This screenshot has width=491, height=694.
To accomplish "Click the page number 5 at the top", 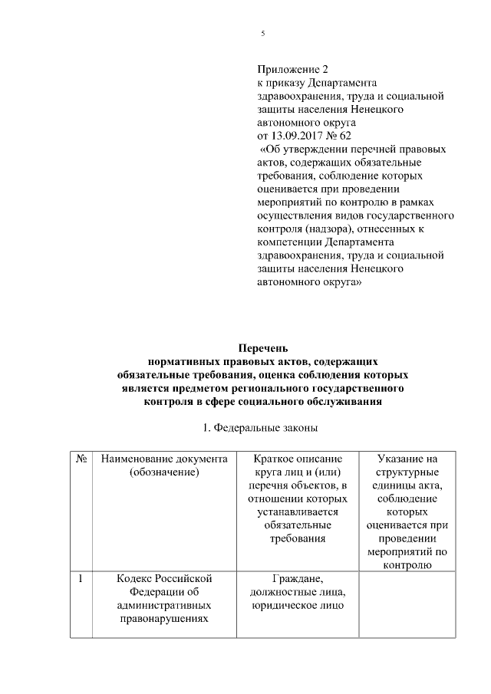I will (262, 34).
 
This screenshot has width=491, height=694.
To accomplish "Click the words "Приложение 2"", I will (290, 69).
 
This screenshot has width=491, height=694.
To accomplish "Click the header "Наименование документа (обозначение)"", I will (164, 465).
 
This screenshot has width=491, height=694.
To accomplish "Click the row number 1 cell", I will (81, 577).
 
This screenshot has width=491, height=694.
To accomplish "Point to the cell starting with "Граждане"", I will (298, 591).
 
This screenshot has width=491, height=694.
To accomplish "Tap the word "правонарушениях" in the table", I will (164, 619).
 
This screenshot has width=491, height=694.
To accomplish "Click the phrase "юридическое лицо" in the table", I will (298, 605).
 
